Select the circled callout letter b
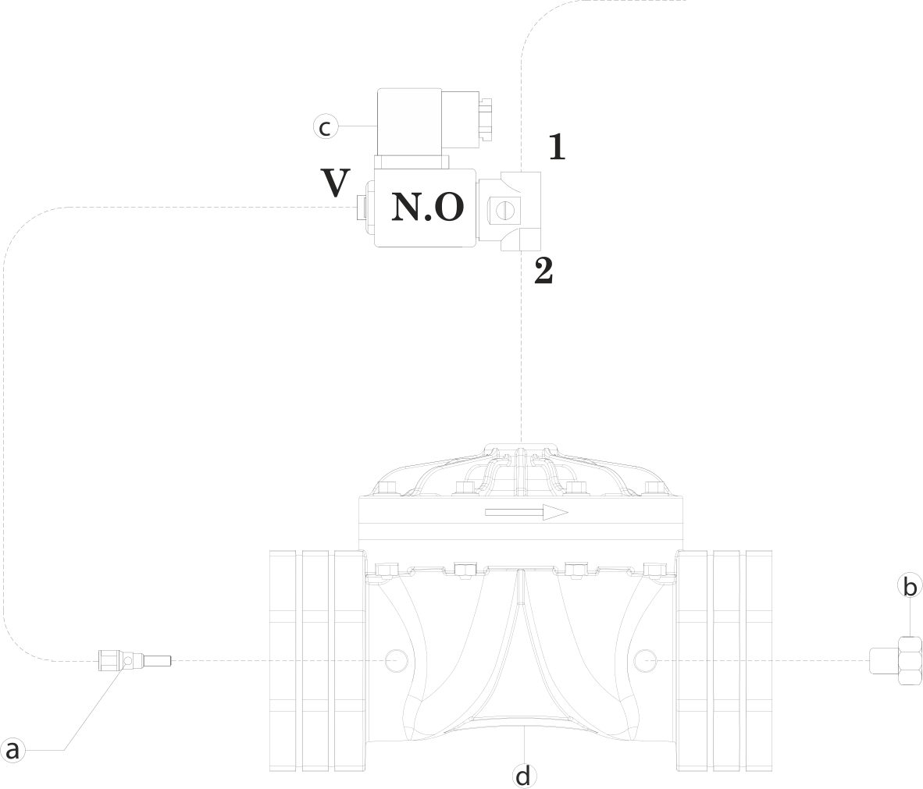coord(910,587)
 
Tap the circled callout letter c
coord(326,127)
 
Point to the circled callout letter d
coord(523,776)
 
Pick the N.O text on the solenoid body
coord(428,207)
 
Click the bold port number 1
coord(556,147)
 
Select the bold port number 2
coord(543,272)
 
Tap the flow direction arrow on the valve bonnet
coord(526,513)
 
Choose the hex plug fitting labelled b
coord(896,661)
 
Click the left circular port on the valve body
coord(396,661)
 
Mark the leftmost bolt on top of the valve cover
coord(387,488)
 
